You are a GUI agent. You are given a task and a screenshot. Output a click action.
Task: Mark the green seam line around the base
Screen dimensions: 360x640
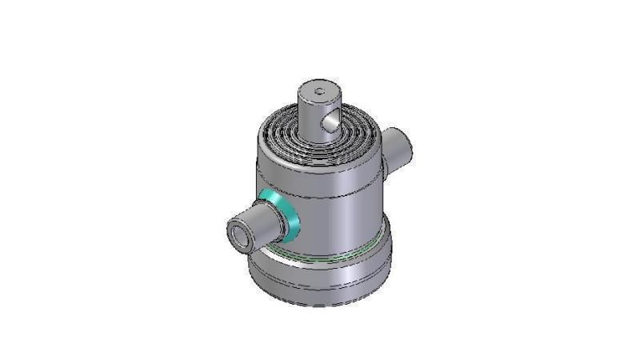click(x=320, y=258)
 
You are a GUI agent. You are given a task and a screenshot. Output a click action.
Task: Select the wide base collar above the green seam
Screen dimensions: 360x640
click(x=352, y=240)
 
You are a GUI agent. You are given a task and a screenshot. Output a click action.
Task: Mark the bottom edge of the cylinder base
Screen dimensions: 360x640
click(x=320, y=305)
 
